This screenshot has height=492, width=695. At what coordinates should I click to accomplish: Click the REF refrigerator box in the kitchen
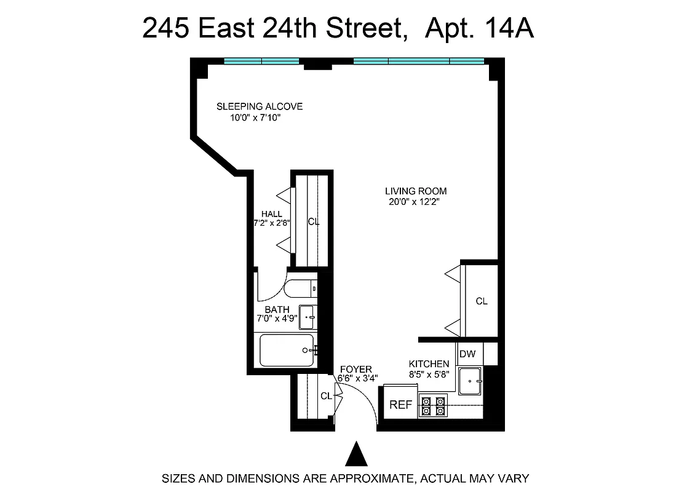pos(400,405)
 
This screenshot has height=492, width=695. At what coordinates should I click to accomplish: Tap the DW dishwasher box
pos(467,354)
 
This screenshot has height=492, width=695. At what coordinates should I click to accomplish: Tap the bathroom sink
pos(307,317)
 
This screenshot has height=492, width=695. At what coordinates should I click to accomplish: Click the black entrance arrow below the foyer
pos(355,455)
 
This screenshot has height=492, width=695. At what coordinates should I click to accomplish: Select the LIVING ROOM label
pos(416,191)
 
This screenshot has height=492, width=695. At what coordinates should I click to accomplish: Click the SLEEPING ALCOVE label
pos(260,106)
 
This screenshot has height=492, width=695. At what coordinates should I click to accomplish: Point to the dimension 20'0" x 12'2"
pos(413,202)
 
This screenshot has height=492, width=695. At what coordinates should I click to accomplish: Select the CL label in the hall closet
pos(314,222)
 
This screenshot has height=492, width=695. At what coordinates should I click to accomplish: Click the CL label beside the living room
pos(482,301)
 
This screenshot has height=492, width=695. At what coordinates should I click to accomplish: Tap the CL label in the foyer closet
pos(326,396)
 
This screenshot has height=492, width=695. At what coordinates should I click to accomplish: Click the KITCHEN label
pos(429,363)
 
